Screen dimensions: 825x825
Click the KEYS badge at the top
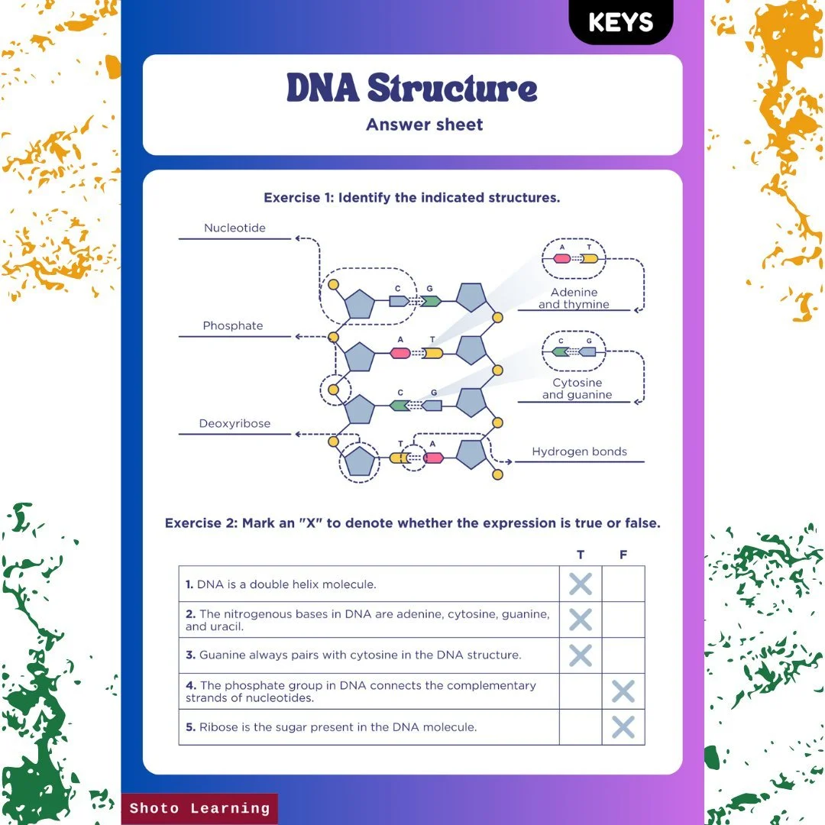tap(620, 22)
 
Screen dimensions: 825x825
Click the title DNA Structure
tap(412, 89)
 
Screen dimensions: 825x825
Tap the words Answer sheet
tap(424, 125)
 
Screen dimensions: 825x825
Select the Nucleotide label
tap(235, 228)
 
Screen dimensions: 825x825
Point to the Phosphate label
tap(232, 325)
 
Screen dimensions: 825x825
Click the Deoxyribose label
tap(235, 423)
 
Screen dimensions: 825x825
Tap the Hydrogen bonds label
tap(579, 451)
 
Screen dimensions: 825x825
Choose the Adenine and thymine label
tap(574, 299)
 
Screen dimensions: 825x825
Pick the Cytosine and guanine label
tap(577, 389)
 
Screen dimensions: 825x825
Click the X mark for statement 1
tap(581, 584)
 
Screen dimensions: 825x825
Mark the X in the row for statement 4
tap(623, 692)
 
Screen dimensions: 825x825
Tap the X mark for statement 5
tap(623, 727)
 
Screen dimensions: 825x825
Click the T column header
tap(581, 555)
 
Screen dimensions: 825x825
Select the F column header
tap(623, 555)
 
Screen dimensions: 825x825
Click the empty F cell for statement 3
tap(623, 655)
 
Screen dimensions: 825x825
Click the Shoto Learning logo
tap(199, 808)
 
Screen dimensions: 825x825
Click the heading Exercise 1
tap(412, 198)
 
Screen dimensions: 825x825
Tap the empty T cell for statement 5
tap(581, 727)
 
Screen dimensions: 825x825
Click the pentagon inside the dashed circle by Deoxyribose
tap(360, 462)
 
